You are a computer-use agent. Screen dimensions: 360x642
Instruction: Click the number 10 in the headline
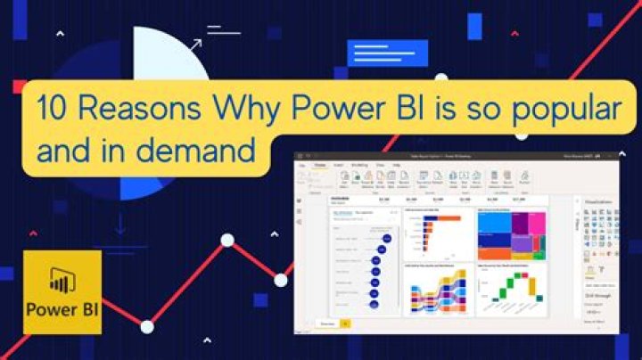coord(50,109)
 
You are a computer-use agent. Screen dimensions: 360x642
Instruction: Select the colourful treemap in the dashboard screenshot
coord(511,233)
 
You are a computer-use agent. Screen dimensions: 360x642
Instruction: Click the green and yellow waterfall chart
coord(511,290)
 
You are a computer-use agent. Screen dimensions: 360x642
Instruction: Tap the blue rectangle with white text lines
coord(376,52)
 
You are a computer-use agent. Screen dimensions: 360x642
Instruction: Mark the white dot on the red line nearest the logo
coord(146,326)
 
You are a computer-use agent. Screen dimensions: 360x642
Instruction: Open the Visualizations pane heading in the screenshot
coord(598,202)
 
